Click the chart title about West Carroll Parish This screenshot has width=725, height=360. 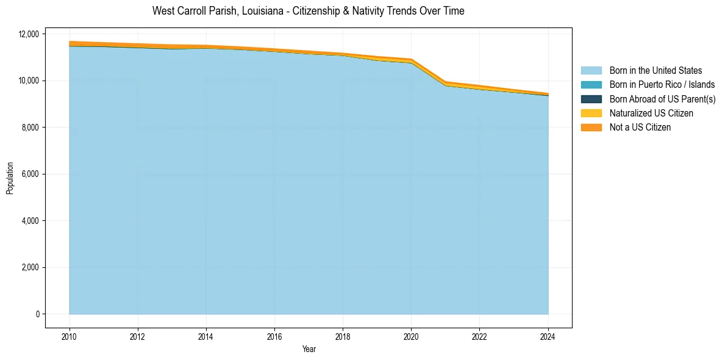pyautogui.click(x=308, y=11)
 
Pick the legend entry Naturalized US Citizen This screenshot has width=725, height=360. pyautogui.click(x=651, y=113)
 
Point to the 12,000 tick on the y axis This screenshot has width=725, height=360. pyautogui.click(x=28, y=34)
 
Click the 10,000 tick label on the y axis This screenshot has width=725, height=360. pyautogui.click(x=28, y=81)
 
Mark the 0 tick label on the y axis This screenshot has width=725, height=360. pyautogui.click(x=37, y=314)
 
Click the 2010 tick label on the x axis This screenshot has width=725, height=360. pyautogui.click(x=70, y=336)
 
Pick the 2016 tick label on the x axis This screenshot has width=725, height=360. pyautogui.click(x=274, y=336)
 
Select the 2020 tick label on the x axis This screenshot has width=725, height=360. pyautogui.click(x=411, y=336)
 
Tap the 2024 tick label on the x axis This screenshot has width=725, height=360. pyautogui.click(x=548, y=336)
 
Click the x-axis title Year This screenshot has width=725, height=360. pyautogui.click(x=309, y=349)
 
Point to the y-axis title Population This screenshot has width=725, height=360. pyautogui.click(x=10, y=178)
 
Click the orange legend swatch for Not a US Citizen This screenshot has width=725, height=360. pyautogui.click(x=591, y=128)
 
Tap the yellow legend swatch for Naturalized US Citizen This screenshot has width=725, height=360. pyautogui.click(x=591, y=113)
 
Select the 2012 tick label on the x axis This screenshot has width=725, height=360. pyautogui.click(x=138, y=336)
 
